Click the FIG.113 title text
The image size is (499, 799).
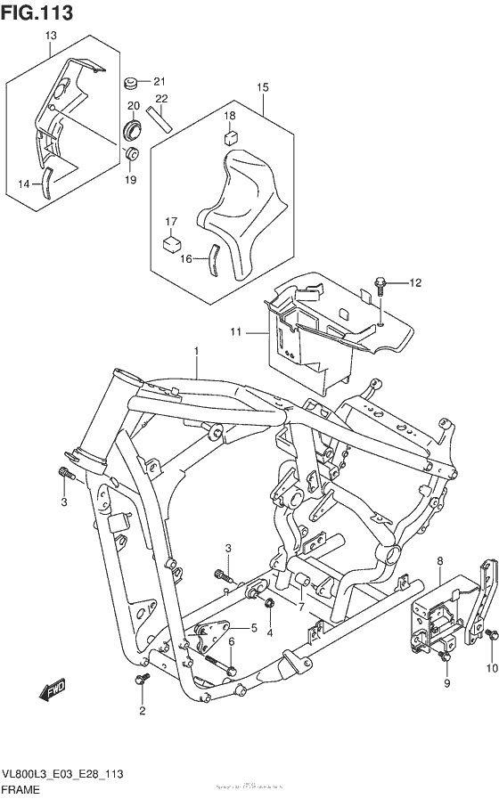pyautogui.click(x=37, y=12)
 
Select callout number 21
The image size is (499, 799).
pyautogui.click(x=160, y=81)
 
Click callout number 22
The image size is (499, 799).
pyautogui.click(x=161, y=99)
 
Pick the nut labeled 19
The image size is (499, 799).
pyautogui.click(x=130, y=157)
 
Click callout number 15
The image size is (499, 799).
pyautogui.click(x=263, y=87)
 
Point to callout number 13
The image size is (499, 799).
pyautogui.click(x=50, y=35)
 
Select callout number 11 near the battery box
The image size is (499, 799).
pyautogui.click(x=236, y=332)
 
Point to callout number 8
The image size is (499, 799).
pyautogui.click(x=440, y=560)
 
